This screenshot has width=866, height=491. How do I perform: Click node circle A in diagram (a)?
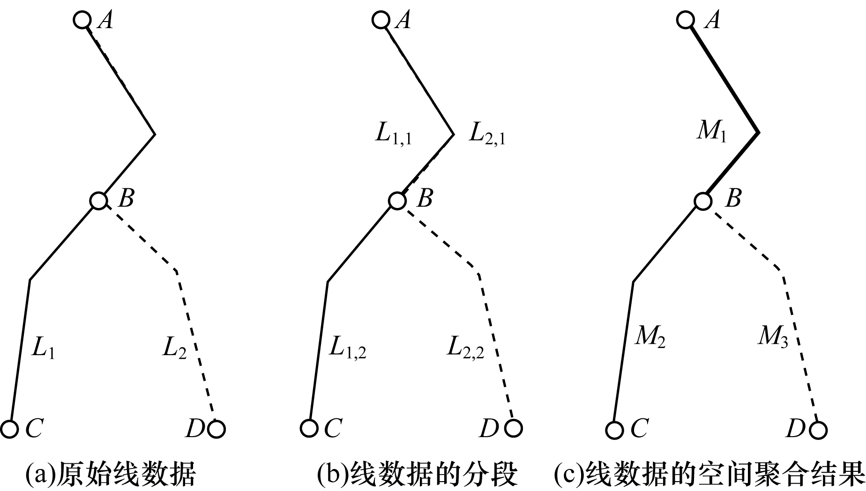click(x=82, y=20)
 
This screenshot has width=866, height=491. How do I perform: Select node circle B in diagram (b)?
click(x=397, y=201)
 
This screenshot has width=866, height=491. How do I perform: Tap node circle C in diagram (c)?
click(x=614, y=430)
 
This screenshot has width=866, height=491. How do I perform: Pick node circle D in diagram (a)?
click(x=216, y=429)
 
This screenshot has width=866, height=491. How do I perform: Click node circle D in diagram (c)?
click(x=818, y=430)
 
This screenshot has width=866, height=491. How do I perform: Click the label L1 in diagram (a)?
click(x=43, y=348)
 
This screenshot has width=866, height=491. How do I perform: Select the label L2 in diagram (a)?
click(x=174, y=348)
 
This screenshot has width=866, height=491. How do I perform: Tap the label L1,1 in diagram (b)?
click(x=394, y=134)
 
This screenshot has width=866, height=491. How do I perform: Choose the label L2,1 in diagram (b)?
click(x=487, y=134)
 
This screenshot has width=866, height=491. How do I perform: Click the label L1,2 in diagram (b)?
click(x=348, y=348)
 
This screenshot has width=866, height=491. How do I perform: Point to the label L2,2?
click(x=465, y=348)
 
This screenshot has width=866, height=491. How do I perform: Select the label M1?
click(x=711, y=131)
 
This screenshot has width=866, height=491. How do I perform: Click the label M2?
click(x=650, y=337)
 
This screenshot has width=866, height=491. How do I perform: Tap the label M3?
click(x=773, y=337)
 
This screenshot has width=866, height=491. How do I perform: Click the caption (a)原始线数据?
click(x=111, y=475)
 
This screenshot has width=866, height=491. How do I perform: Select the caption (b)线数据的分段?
click(x=417, y=475)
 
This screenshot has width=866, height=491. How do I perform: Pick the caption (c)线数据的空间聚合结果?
click(x=709, y=475)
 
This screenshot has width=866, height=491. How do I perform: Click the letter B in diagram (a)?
click(x=126, y=199)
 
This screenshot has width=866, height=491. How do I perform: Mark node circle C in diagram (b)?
click(x=309, y=428)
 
